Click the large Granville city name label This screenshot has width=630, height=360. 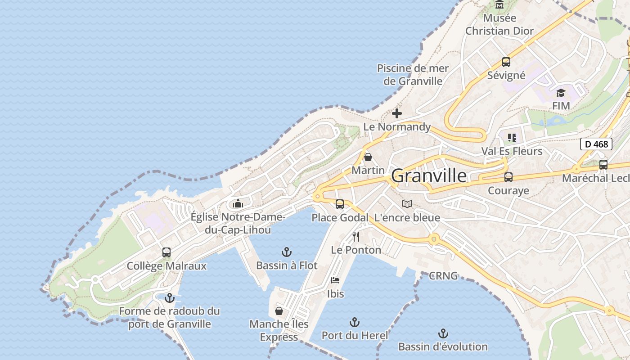[429, 176]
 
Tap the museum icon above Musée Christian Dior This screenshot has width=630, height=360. [499, 5]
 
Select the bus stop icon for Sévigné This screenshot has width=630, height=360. [506, 62]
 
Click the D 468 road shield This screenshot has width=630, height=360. [596, 144]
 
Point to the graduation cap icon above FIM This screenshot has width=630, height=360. [561, 93]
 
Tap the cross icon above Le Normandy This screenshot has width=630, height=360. [397, 113]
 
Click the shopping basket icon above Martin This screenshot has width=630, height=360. [368, 157]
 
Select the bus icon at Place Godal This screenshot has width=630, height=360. [340, 204]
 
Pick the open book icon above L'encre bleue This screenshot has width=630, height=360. [407, 204]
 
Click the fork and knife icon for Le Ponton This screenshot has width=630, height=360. [356, 237]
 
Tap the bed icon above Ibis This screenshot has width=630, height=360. [335, 280]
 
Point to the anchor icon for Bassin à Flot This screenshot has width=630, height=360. [287, 252]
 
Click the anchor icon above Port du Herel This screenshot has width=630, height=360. [355, 322]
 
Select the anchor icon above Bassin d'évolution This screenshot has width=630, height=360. [443, 333]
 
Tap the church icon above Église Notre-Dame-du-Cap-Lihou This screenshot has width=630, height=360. [238, 204]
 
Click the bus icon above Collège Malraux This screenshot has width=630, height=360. [166, 252]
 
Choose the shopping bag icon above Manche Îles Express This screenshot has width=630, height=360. [279, 311]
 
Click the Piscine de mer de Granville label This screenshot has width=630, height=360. [413, 75]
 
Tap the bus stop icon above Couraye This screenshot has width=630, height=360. [508, 177]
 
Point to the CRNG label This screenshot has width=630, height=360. [443, 275]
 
